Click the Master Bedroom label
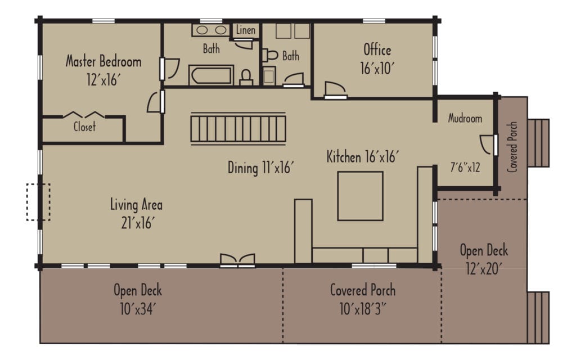103,61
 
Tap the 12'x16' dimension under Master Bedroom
103,80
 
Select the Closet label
84,127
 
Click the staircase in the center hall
238,128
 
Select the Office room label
377,49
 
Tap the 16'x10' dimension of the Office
377,68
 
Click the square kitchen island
360,196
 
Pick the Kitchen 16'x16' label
363,157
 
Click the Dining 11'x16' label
261,168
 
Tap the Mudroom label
465,119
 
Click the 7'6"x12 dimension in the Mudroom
465,167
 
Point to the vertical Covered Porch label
512,147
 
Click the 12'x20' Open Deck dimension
484,269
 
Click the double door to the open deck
237,260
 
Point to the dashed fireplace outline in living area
38,202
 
